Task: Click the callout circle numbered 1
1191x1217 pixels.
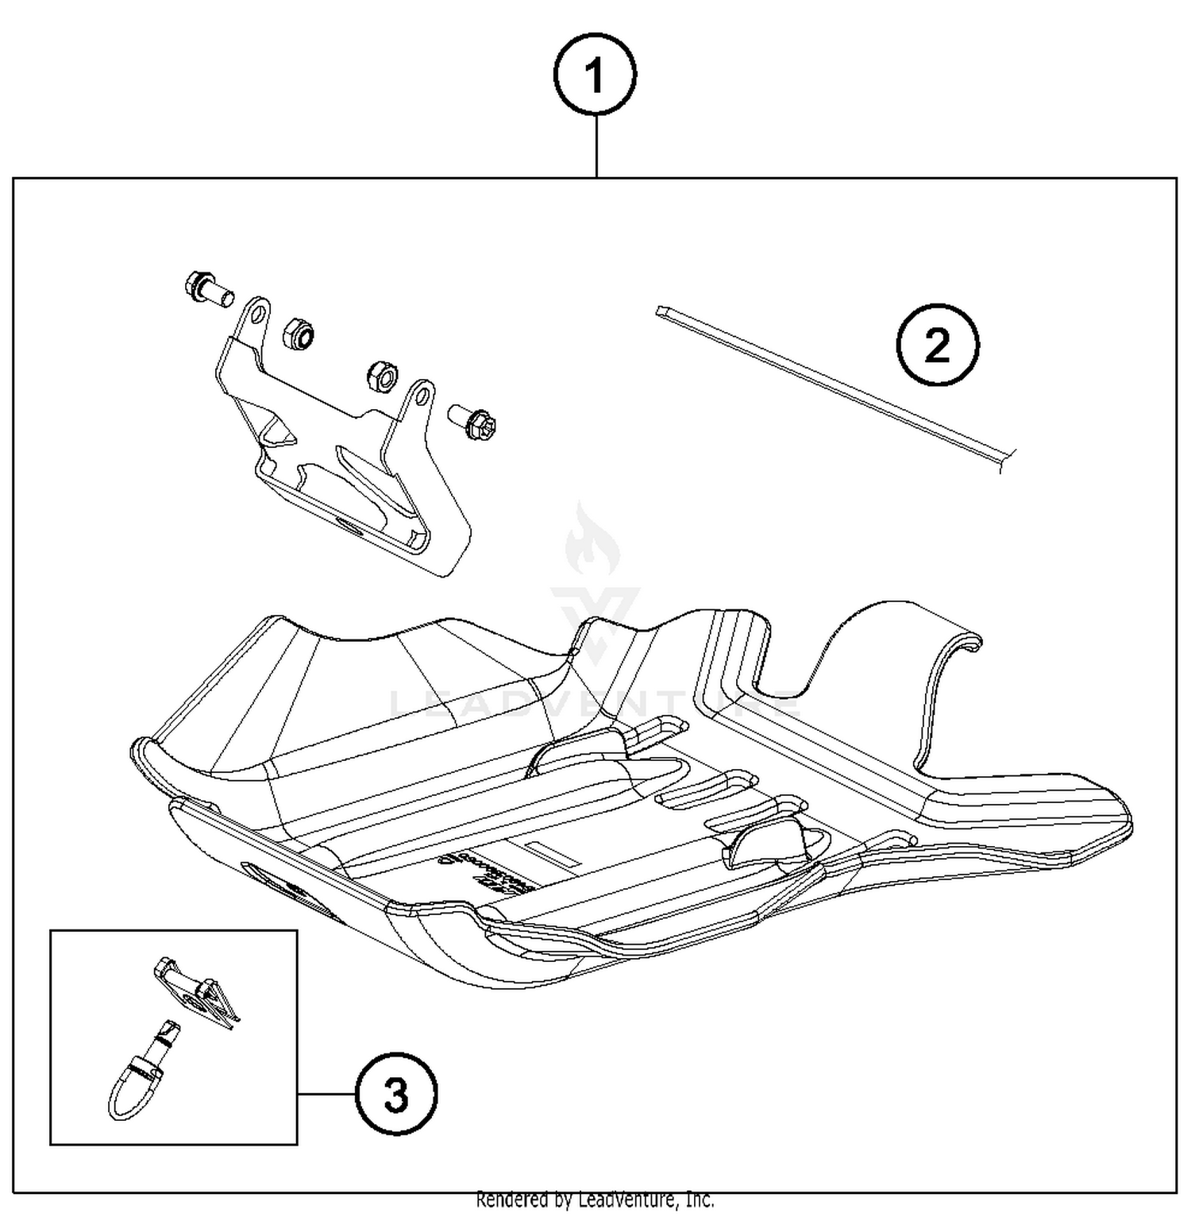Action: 595,76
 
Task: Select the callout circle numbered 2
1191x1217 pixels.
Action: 937,346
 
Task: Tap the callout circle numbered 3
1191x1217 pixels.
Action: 395,1095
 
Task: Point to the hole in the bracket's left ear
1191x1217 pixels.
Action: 256,315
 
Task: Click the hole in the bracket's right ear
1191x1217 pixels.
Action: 421,395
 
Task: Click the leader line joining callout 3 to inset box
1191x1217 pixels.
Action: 326,1095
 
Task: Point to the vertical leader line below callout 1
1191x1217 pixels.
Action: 595,147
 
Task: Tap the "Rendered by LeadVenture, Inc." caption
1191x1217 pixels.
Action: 595,1200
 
